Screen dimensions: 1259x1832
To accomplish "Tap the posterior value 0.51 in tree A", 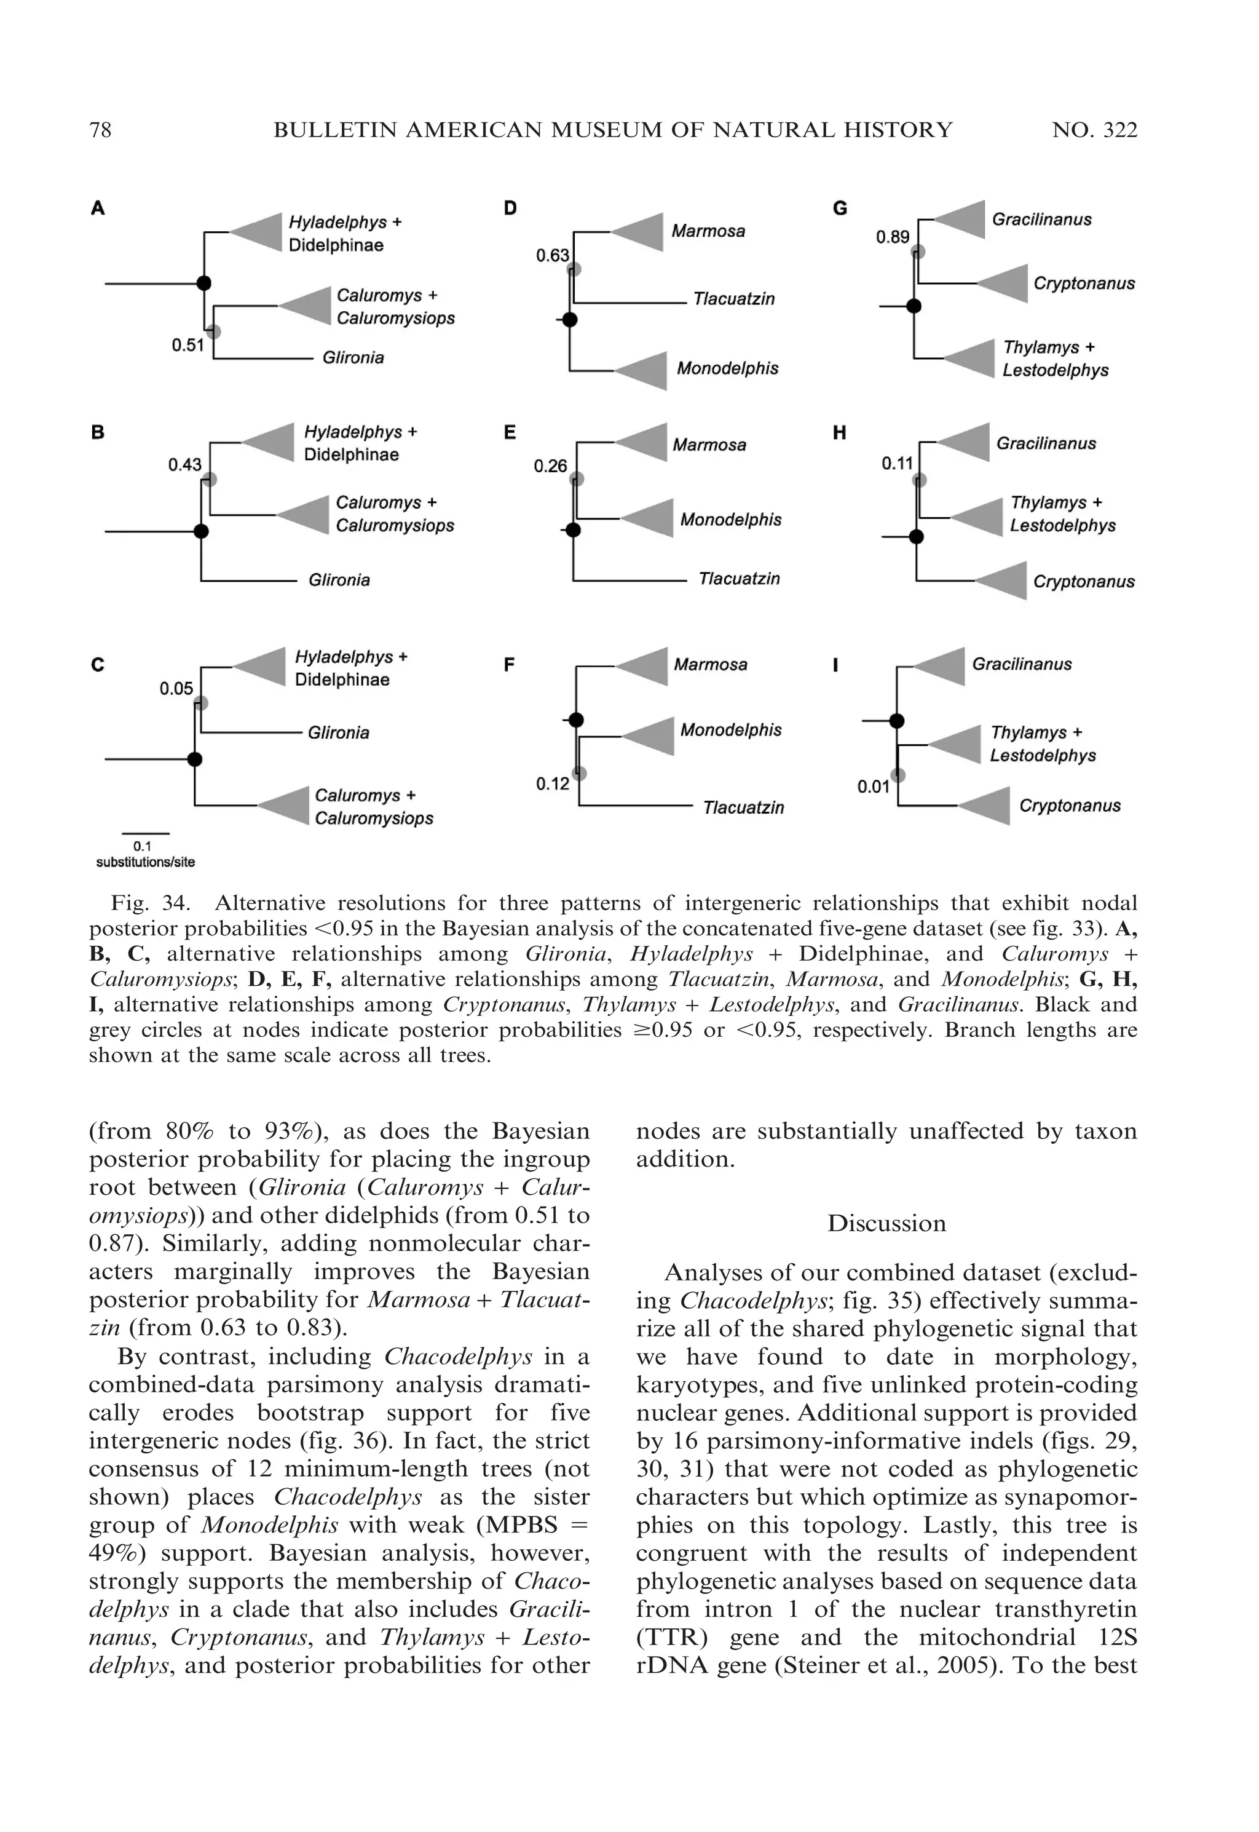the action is (x=187, y=345).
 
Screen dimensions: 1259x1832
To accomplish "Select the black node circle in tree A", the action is (x=203, y=284).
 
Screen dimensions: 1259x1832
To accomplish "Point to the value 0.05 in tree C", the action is (x=176, y=689).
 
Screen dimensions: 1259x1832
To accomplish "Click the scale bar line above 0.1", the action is (x=145, y=833).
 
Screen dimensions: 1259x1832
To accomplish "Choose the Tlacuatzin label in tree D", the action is (x=733, y=299).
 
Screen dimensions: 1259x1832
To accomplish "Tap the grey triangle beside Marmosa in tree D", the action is (x=641, y=231).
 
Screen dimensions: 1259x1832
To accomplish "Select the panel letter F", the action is (x=509, y=665).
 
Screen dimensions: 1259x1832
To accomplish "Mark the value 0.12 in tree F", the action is (x=552, y=783).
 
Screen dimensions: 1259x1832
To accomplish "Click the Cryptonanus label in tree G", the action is (x=1083, y=284).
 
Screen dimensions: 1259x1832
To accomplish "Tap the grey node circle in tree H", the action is (x=919, y=480).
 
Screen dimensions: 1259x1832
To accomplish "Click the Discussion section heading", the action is (x=886, y=1223).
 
